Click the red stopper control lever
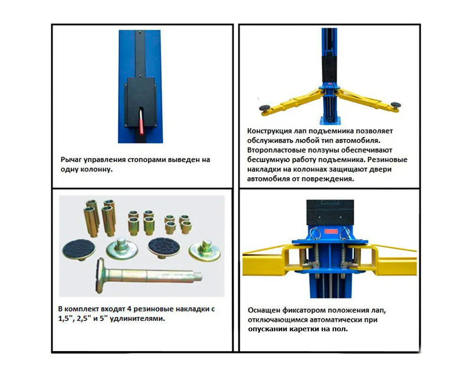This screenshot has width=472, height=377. pos(141,122)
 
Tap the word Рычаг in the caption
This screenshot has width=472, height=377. pos(71,160)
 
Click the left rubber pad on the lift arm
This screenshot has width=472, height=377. pos(264,107)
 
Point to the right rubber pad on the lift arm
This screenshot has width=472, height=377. pos(395,105)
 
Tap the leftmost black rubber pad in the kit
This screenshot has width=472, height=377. pos(79,249)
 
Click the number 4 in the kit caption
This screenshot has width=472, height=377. pos(129,309)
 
